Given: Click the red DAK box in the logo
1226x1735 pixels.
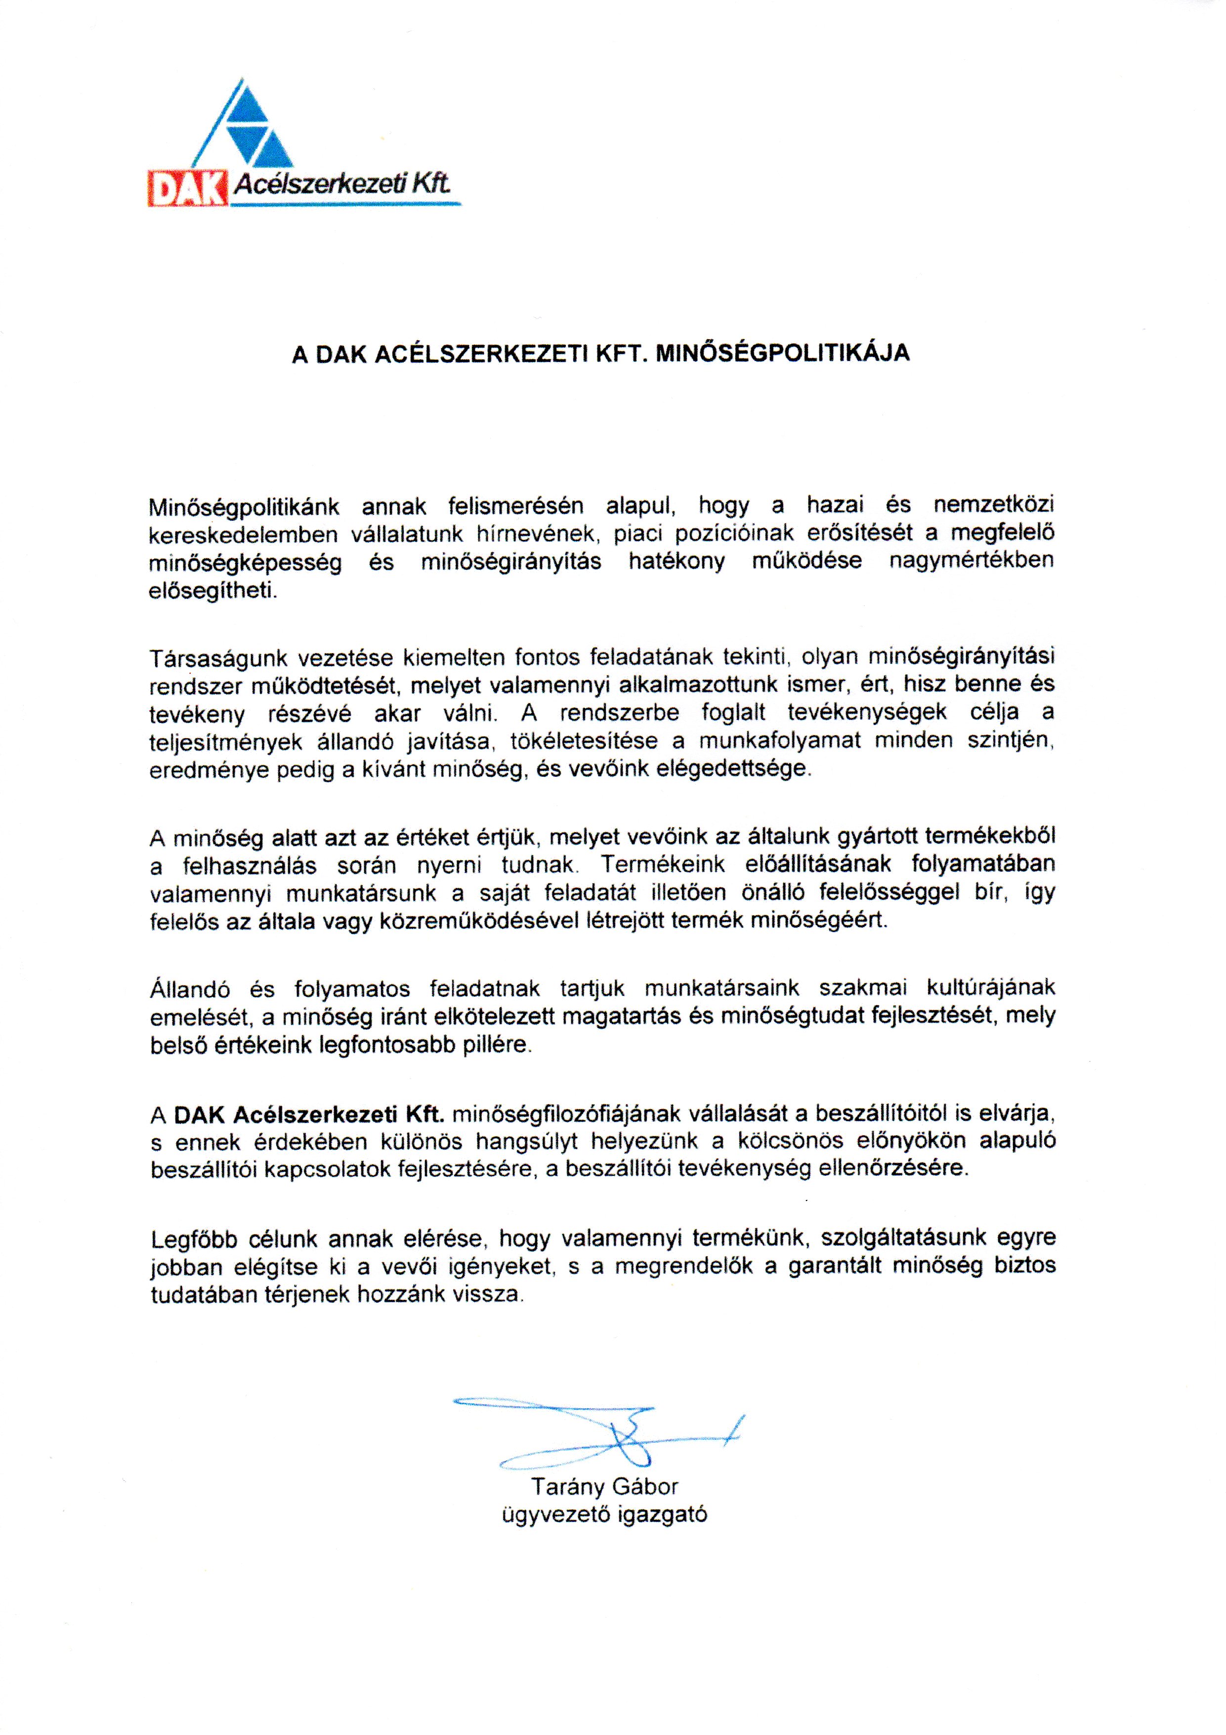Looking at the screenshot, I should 187,188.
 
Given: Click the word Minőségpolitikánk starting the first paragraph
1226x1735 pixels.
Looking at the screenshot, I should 245,507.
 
